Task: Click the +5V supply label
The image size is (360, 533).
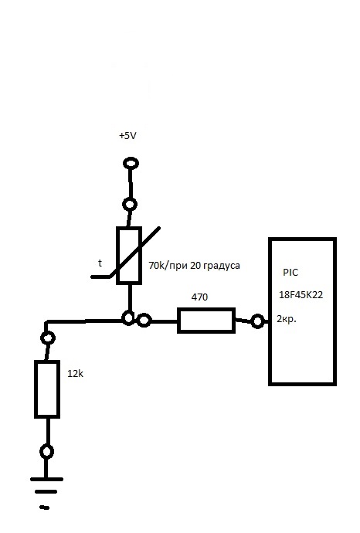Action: pyautogui.click(x=127, y=136)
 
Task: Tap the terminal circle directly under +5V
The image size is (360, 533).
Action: pyautogui.click(x=131, y=163)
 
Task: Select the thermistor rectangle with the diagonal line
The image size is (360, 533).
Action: pyautogui.click(x=129, y=255)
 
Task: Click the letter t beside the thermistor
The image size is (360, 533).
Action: pyautogui.click(x=100, y=263)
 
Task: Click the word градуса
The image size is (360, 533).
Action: pyautogui.click(x=221, y=266)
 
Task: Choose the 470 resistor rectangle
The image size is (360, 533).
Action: pyautogui.click(x=206, y=321)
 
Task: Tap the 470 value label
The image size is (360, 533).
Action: pyautogui.click(x=199, y=297)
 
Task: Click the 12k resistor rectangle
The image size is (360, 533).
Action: pyautogui.click(x=47, y=389)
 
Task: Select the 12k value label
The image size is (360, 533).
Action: pyautogui.click(x=75, y=374)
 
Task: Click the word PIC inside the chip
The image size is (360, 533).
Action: pyautogui.click(x=290, y=272)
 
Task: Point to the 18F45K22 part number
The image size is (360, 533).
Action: pyautogui.click(x=301, y=295)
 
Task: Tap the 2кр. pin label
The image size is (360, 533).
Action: pyautogui.click(x=287, y=319)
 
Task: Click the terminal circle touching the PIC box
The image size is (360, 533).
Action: pyautogui.click(x=257, y=321)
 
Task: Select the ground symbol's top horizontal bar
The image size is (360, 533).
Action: pyautogui.click(x=46, y=479)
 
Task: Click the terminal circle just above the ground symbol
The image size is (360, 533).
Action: pyautogui.click(x=46, y=452)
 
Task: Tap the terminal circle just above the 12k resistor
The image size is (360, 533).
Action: pyautogui.click(x=48, y=338)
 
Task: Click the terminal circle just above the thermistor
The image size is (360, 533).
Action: pyautogui.click(x=130, y=205)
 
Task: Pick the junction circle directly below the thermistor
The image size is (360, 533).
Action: pyautogui.click(x=127, y=318)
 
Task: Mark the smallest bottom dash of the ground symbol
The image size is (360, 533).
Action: pyautogui.click(x=45, y=508)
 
